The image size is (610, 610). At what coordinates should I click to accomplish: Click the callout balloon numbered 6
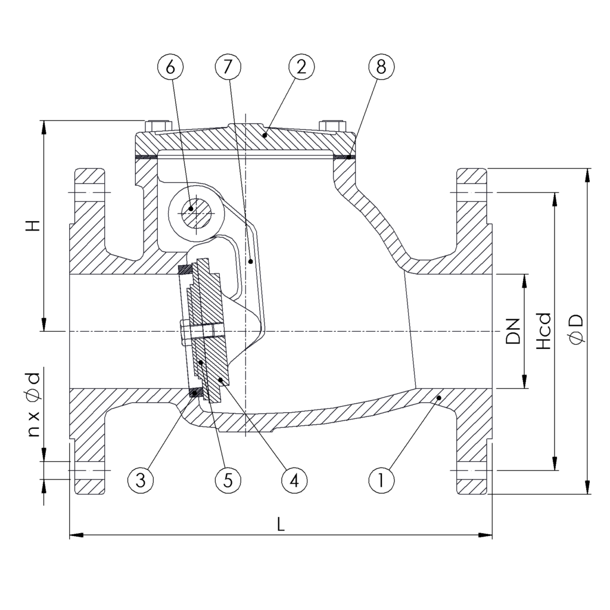171,68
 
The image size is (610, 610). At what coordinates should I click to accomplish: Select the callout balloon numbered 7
228,68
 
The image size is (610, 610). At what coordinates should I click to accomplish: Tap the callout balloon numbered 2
301,68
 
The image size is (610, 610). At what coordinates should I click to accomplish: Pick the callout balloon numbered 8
381,68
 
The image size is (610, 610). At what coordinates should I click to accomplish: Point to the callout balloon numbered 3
140,480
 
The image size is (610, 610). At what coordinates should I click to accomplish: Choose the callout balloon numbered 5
228,480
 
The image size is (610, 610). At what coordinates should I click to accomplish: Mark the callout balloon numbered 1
381,480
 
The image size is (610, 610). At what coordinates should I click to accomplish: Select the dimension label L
281,524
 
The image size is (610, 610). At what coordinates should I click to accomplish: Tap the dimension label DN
512,331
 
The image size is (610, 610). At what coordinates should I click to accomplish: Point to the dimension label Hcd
543,331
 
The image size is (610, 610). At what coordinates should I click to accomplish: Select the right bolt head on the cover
332,125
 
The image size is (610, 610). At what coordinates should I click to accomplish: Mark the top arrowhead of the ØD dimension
589,173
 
